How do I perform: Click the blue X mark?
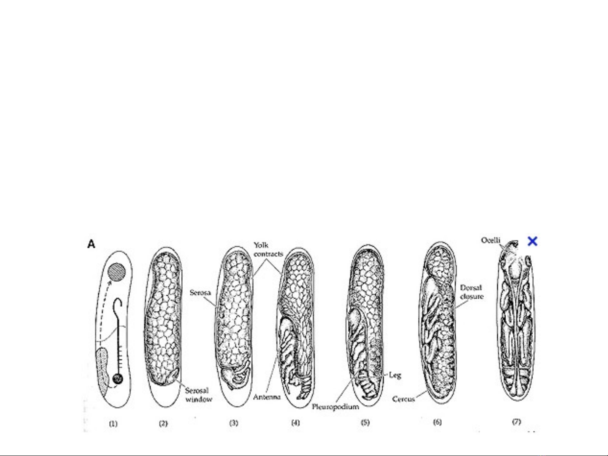point(532,241)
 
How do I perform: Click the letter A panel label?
point(91,244)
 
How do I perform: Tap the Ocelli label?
point(491,240)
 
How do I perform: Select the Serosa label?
point(200,292)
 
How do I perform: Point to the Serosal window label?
point(199,395)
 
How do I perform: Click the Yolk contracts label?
point(268,249)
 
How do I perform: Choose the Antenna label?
point(267,397)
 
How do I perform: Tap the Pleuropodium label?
point(335,407)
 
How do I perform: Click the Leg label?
point(395,375)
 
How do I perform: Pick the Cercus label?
point(404,399)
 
